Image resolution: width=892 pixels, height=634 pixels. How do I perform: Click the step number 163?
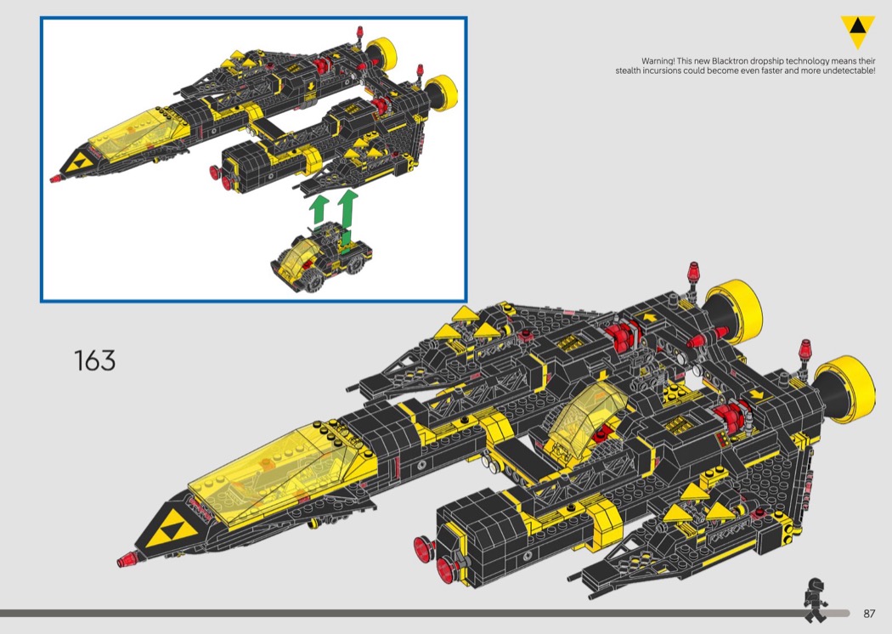(x=94, y=360)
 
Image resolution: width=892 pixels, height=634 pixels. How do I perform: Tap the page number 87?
(x=869, y=614)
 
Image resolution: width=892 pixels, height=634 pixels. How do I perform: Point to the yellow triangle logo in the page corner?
(x=857, y=31)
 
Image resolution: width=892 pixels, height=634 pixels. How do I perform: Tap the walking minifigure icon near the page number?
(x=816, y=599)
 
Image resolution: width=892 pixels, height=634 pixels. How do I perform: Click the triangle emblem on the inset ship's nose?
(x=83, y=163)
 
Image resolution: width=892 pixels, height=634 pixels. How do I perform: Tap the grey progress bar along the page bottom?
(x=399, y=613)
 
